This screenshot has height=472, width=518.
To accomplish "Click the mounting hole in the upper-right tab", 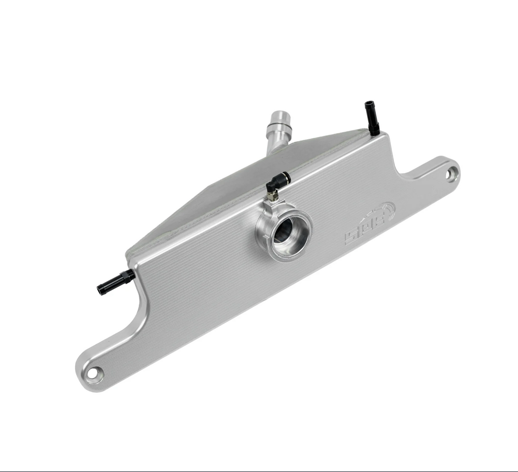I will [x=451, y=175].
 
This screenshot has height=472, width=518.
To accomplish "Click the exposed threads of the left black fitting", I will [x=132, y=272].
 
